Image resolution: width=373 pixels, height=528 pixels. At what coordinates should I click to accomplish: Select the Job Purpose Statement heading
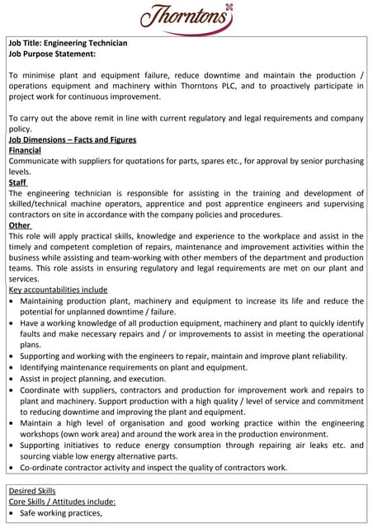pos(52,54)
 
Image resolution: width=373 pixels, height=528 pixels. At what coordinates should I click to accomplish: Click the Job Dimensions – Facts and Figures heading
pos(73,139)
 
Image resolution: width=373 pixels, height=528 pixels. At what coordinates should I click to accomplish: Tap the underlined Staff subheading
pos(17,182)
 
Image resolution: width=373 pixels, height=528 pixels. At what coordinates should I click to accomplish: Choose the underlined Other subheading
pos(20,225)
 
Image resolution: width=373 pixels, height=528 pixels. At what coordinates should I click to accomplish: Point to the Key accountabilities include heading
pos(58,290)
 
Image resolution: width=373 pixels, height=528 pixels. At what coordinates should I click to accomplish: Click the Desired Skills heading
pos(31,490)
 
